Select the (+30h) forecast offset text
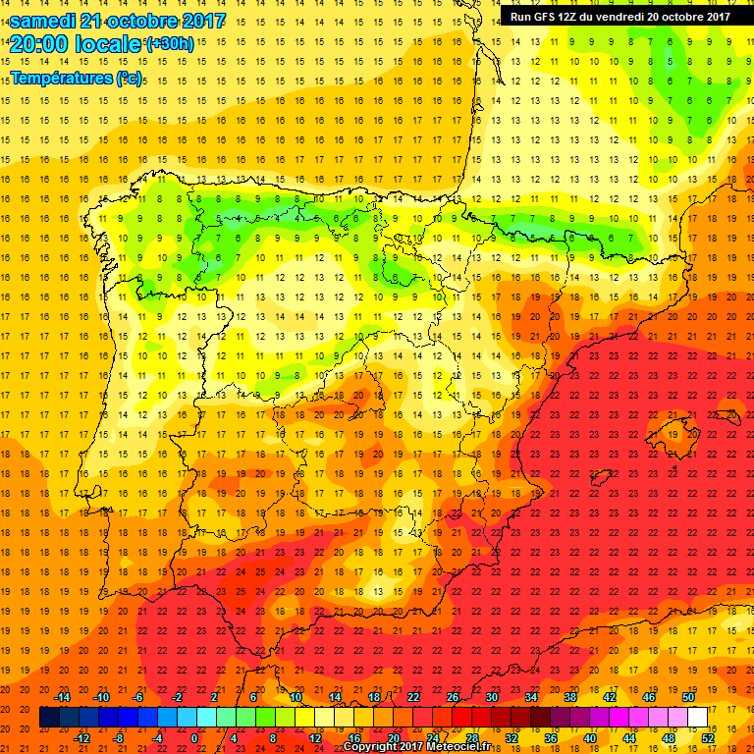click(x=171, y=44)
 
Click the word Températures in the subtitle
click(x=62, y=78)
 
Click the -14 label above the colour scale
click(x=64, y=697)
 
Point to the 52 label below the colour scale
click(x=708, y=739)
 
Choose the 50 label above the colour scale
click(x=688, y=697)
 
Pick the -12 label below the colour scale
click(x=82, y=739)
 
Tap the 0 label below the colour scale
click(x=194, y=739)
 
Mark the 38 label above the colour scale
click(x=569, y=697)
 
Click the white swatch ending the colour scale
click(x=697, y=718)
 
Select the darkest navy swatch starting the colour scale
click(x=49, y=718)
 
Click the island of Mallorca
click(x=677, y=430)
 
